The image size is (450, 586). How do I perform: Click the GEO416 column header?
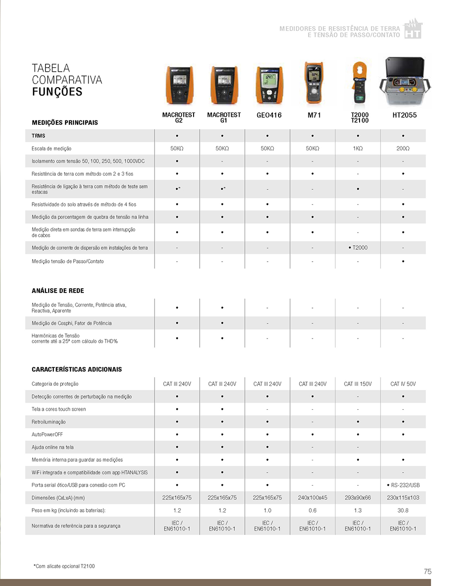pyautogui.click(x=269, y=115)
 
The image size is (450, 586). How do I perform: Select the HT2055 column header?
pyautogui.click(x=405, y=115)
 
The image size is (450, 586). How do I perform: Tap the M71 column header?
pyautogui.click(x=314, y=115)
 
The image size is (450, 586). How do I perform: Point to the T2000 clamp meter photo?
pyautogui.click(x=359, y=84)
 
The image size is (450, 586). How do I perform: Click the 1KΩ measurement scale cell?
pyautogui.click(x=358, y=149)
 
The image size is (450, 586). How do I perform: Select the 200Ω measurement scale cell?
pyautogui.click(x=403, y=149)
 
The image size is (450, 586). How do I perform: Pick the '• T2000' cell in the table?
pyautogui.click(x=358, y=248)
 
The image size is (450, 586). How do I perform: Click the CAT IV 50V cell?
pyautogui.click(x=403, y=384)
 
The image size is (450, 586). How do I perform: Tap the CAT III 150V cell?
pyautogui.click(x=358, y=384)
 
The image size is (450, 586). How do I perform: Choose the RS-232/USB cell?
pyautogui.click(x=403, y=485)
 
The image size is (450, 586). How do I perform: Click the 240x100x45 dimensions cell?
pyautogui.click(x=313, y=498)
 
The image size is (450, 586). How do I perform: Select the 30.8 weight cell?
pyautogui.click(x=403, y=511)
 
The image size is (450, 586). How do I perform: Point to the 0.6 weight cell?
pyautogui.click(x=313, y=511)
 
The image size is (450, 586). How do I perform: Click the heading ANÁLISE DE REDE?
pyautogui.click(x=58, y=291)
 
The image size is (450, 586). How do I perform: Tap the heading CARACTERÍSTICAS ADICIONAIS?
pyautogui.click(x=77, y=369)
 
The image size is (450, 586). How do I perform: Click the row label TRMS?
pyautogui.click(x=38, y=136)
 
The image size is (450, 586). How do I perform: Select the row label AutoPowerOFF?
pyautogui.click(x=47, y=435)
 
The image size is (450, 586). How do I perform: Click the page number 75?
pyautogui.click(x=427, y=571)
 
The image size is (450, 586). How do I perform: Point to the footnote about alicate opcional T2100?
pyautogui.click(x=64, y=566)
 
